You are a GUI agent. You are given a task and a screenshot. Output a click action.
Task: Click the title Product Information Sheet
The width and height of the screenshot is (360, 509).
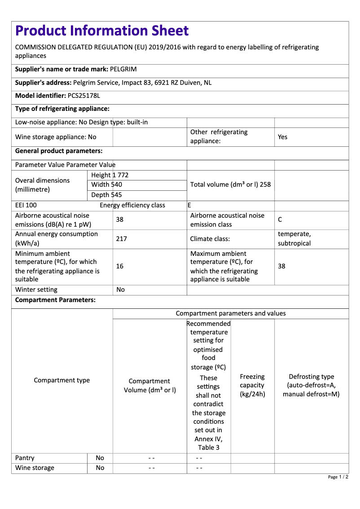(x=102, y=31)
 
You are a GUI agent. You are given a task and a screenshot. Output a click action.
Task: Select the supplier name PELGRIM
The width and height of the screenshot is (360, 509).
(x=123, y=70)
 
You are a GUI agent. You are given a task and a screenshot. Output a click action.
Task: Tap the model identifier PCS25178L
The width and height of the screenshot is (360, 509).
(x=84, y=96)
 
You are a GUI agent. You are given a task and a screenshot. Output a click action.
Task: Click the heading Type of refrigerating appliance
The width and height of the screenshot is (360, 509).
(x=62, y=109)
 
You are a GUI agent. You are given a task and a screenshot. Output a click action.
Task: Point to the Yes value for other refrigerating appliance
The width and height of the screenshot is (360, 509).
(x=282, y=137)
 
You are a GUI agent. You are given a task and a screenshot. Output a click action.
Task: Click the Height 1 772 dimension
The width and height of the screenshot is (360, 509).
(x=110, y=175)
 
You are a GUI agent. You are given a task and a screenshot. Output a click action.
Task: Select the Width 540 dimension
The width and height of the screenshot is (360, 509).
(x=106, y=184)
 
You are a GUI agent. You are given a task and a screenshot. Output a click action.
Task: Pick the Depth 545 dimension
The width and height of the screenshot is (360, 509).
(x=106, y=195)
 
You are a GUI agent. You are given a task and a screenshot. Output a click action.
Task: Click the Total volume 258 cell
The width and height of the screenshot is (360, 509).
(x=230, y=184)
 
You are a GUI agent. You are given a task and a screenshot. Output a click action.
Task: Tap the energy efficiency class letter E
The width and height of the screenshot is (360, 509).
(x=189, y=205)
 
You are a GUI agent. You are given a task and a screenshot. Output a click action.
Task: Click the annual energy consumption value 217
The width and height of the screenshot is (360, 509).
(x=121, y=239)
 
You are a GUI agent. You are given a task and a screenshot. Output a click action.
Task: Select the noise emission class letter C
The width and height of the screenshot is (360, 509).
(x=280, y=220)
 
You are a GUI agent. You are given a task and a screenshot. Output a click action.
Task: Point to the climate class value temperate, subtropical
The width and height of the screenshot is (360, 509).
(x=294, y=239)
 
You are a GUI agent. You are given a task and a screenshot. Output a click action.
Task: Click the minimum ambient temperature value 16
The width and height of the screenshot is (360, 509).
(x=119, y=266)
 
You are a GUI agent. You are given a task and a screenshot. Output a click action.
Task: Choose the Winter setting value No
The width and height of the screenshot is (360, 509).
(x=120, y=290)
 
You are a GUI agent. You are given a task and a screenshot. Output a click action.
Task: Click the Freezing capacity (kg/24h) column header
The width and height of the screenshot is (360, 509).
(x=252, y=385)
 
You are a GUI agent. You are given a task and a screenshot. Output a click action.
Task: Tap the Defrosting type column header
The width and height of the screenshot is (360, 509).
(x=311, y=385)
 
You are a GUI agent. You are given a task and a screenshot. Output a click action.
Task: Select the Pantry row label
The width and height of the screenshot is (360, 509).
(x=25, y=458)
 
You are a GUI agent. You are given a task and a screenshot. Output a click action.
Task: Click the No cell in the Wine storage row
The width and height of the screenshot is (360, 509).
(x=100, y=468)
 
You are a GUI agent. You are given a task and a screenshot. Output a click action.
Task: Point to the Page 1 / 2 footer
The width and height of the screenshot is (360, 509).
(x=338, y=477)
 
